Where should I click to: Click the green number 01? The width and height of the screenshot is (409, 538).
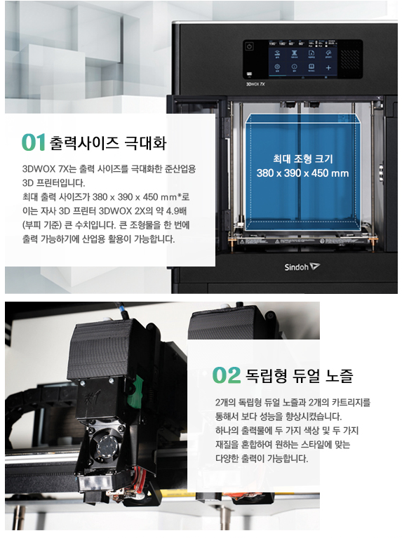(34, 142)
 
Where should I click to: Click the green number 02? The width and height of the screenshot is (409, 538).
(227, 375)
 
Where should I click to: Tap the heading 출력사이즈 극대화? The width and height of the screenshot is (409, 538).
(108, 142)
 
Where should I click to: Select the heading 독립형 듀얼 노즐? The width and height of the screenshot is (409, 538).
(299, 375)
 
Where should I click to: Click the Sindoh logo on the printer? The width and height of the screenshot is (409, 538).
(302, 267)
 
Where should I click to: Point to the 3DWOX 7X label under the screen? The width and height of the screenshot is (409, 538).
(255, 84)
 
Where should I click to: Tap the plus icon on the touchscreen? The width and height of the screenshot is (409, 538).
(328, 67)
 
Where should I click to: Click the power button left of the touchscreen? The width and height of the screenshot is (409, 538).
(250, 47)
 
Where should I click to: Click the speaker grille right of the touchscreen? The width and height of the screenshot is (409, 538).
(350, 60)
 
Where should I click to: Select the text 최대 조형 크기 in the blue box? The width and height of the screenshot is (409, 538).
(302, 159)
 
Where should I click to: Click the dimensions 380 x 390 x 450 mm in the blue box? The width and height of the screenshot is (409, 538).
(302, 173)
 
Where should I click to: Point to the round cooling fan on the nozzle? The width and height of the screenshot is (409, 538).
(107, 446)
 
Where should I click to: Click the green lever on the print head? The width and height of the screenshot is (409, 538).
(134, 391)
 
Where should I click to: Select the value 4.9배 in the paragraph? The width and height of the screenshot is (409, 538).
(177, 211)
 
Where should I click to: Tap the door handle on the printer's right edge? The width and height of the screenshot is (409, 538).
(380, 173)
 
